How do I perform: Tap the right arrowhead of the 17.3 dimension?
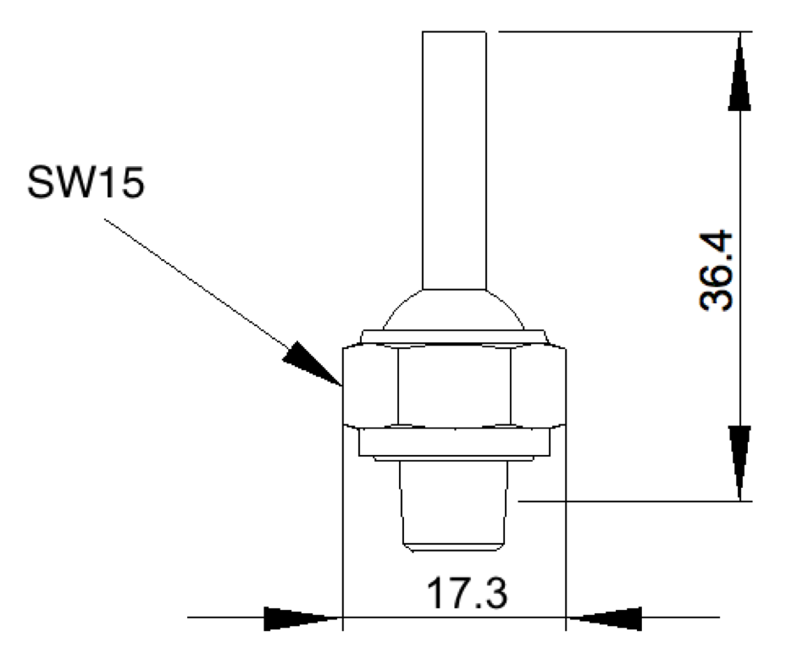pyautogui.click(x=605, y=618)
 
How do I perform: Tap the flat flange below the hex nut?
pyautogui.click(x=453, y=444)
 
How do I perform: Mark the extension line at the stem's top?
pyautogui.click(x=618, y=32)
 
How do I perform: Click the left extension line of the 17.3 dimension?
pyautogui.click(x=341, y=525)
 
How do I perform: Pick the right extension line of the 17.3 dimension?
pyautogui.click(x=565, y=525)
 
